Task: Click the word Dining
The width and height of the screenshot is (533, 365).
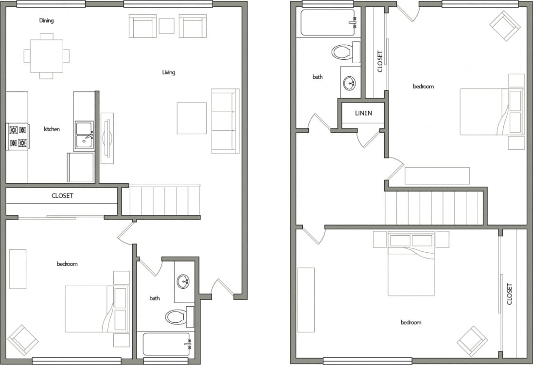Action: [46, 21]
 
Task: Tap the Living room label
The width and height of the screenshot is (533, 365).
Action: [169, 72]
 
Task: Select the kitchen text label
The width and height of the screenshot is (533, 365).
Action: [52, 129]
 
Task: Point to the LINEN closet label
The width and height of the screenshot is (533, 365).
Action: [363, 113]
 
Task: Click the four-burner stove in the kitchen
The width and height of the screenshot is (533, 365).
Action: [18, 136]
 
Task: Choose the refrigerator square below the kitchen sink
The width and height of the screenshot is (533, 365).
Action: [80, 168]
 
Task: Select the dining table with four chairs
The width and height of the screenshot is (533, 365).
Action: [47, 56]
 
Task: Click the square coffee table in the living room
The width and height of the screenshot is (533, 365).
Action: [192, 118]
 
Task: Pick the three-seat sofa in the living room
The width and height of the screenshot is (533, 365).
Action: [225, 121]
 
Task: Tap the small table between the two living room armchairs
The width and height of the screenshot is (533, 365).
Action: [166, 26]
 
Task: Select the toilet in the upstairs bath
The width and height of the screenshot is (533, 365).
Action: [345, 52]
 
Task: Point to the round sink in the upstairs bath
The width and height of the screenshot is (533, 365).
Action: [350, 83]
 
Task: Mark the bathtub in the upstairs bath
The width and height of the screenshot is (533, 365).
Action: [328, 22]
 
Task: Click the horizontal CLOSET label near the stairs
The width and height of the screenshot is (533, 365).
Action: [62, 196]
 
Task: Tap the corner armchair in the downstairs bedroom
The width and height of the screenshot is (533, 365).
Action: [23, 339]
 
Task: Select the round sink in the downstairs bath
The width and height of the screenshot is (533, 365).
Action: [183, 281]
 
